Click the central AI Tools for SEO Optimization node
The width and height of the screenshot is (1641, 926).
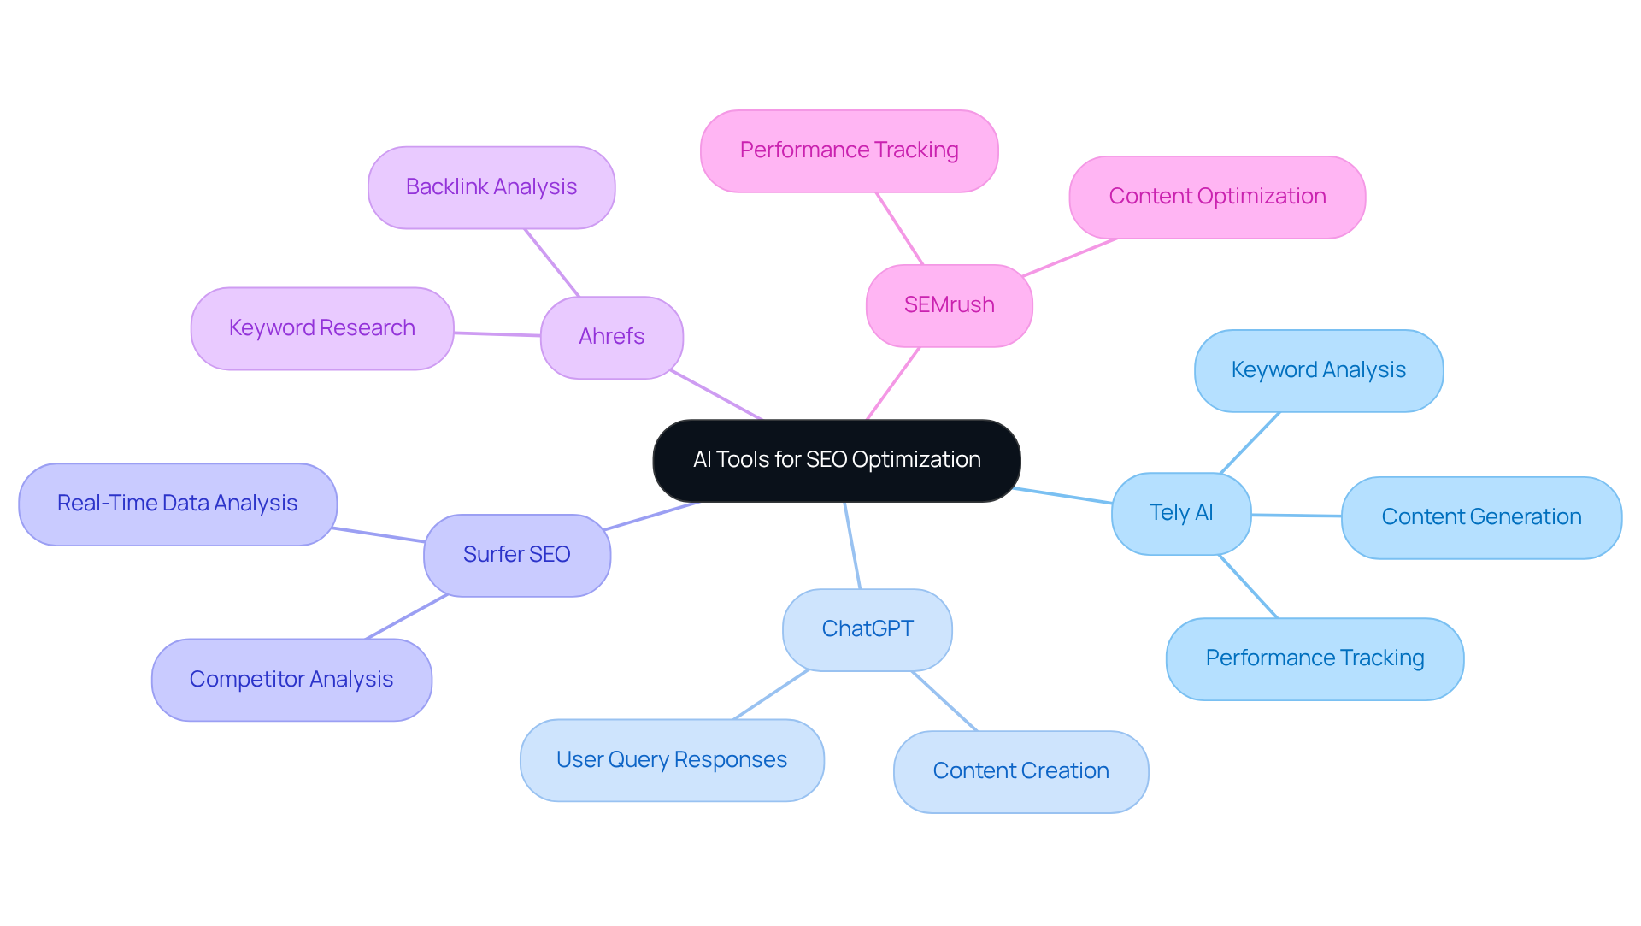[836, 460]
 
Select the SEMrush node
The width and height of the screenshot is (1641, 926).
[949, 305]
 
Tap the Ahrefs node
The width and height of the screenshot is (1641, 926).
[611, 337]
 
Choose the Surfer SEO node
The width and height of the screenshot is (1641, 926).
[516, 555]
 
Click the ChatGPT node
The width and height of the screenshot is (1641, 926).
[867, 629]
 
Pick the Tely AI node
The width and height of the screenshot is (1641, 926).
[1180, 513]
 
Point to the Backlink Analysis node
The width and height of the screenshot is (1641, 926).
[491, 187]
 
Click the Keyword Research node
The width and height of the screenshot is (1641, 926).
[321, 328]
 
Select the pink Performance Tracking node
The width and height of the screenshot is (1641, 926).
[849, 150]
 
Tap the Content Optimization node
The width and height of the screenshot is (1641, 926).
[1216, 197]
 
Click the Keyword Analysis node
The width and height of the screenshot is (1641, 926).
[1318, 370]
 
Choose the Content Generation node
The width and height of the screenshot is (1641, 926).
[1480, 517]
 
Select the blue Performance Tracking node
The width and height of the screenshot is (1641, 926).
[1314, 658]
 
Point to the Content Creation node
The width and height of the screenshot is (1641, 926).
[1020, 771]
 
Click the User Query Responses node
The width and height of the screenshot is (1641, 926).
[671, 760]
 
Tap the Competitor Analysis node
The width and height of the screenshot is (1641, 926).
[291, 680]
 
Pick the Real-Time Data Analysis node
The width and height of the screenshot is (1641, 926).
[177, 504]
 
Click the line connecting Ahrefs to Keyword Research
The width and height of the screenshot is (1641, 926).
[497, 333]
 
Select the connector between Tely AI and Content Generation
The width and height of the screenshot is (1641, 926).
[1296, 515]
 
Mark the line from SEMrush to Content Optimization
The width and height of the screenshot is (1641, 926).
[1069, 257]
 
